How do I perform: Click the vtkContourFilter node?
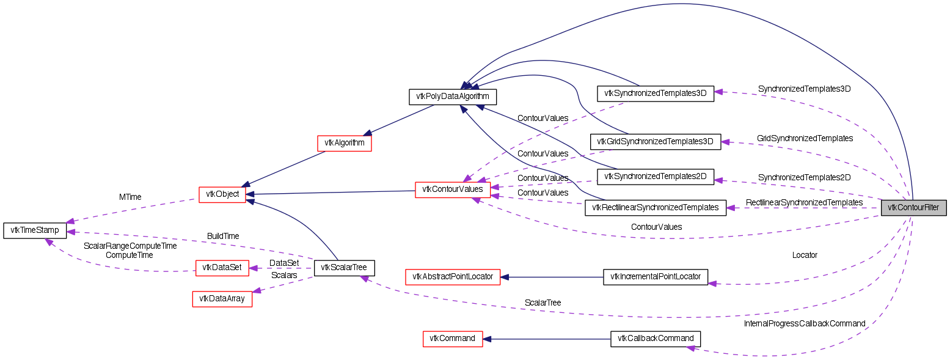point(913,207)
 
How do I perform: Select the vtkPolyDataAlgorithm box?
point(452,97)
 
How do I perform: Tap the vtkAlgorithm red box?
point(345,143)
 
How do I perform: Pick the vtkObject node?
point(222,194)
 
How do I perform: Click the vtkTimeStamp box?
point(35,230)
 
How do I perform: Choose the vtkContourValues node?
point(452,189)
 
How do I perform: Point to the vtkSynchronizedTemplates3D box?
point(655,94)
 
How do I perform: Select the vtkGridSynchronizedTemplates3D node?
point(655,141)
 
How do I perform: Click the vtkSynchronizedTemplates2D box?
point(655,177)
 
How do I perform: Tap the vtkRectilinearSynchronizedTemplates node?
point(655,207)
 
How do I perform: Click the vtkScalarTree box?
point(344,267)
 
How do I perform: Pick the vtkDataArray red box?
point(222,299)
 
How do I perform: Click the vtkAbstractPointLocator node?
point(453,277)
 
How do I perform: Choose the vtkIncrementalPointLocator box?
point(655,277)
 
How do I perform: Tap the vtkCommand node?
point(452,338)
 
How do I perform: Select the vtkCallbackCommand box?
point(656,338)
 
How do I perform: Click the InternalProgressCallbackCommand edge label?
point(804,323)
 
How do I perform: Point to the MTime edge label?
point(130,197)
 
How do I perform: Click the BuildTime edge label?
point(223,236)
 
